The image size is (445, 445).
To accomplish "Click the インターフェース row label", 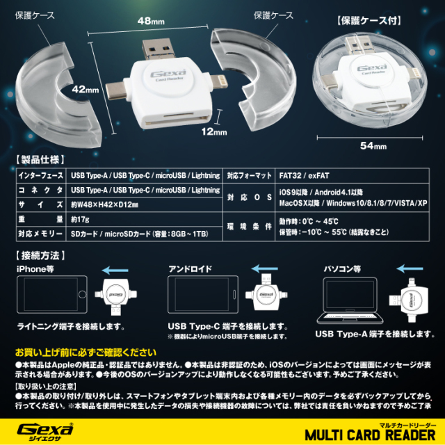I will click(x=40, y=176).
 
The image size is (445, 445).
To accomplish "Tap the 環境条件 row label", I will click(x=248, y=227).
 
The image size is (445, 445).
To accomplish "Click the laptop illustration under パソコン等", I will click(x=348, y=299).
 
